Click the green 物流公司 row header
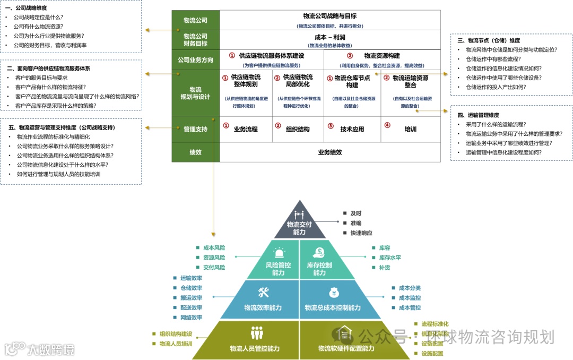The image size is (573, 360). click(195, 20)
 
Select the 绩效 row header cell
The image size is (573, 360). click(195, 152)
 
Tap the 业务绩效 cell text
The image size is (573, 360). click(329, 152)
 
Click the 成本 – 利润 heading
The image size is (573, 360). click(330, 37)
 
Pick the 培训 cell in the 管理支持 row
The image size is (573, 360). click(410, 129)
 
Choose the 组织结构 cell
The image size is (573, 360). click(298, 129)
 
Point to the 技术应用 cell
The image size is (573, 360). click(352, 129)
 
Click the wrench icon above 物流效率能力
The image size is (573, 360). click(264, 293)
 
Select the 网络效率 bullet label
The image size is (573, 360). click(191, 318)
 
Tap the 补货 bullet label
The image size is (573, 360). click(385, 268)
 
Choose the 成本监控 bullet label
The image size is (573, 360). click(410, 298)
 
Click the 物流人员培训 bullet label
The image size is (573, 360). click(176, 344)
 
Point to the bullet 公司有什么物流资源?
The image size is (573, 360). click(39, 27)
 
